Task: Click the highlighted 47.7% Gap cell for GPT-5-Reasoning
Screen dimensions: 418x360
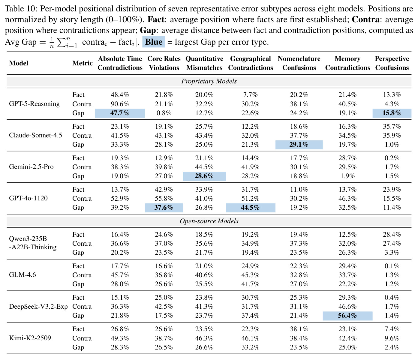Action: pyautogui.click(x=120, y=113)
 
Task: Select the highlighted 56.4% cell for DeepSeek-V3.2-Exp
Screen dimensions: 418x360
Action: pyautogui.click(x=347, y=316)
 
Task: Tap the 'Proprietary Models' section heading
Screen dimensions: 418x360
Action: pyautogui.click(x=209, y=81)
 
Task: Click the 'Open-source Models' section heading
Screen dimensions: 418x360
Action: pyautogui.click(x=209, y=221)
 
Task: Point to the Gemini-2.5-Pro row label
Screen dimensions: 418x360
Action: pyautogui.click(x=31, y=167)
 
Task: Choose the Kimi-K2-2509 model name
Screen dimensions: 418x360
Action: pyautogui.click(x=30, y=338)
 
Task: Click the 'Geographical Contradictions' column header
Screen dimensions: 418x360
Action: pyautogui.click(x=250, y=63)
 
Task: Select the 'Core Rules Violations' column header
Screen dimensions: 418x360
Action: pyautogui.click(x=164, y=63)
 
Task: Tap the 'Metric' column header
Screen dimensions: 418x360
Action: pyautogui.click(x=82, y=63)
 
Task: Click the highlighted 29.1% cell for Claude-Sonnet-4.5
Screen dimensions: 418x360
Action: pyautogui.click(x=299, y=145)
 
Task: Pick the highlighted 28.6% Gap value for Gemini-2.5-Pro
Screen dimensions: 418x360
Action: pyautogui.click(x=204, y=176)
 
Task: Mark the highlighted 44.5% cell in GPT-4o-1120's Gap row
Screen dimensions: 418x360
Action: pyautogui.click(x=250, y=208)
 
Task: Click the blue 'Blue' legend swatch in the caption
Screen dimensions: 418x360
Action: pyautogui.click(x=154, y=42)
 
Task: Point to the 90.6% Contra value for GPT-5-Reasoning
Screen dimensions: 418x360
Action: pyautogui.click(x=120, y=104)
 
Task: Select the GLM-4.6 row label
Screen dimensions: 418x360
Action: pyautogui.click(x=23, y=275)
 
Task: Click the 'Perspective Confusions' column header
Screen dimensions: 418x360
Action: pyautogui.click(x=392, y=63)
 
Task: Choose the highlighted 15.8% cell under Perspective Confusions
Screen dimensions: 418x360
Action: pyautogui.click(x=392, y=113)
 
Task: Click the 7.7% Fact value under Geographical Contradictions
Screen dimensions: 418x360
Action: pyautogui.click(x=250, y=94)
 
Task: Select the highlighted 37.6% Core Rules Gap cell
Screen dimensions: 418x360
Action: pyautogui.click(x=164, y=208)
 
